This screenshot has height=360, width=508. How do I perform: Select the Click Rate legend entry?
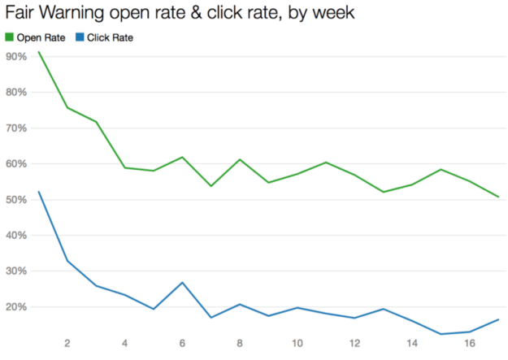(x=109, y=37)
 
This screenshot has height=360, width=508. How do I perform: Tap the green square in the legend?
(x=9, y=37)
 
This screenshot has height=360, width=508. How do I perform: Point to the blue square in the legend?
(x=78, y=37)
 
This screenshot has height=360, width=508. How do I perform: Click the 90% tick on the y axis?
(x=16, y=56)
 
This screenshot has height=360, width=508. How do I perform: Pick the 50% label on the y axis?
(x=16, y=199)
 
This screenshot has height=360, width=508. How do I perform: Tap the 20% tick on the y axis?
(x=16, y=306)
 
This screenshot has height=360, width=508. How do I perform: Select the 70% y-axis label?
(x=16, y=128)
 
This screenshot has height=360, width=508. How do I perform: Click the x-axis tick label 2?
(x=67, y=342)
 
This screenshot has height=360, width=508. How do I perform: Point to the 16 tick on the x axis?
(x=468, y=342)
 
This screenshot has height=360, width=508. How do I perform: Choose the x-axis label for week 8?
(x=239, y=342)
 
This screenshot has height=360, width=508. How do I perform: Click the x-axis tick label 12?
(x=354, y=342)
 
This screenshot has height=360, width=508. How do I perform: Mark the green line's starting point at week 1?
(x=38, y=52)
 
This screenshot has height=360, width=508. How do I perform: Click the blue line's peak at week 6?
(x=182, y=282)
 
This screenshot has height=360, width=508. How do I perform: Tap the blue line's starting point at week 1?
(x=38, y=192)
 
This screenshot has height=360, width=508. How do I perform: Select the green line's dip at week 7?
(x=211, y=186)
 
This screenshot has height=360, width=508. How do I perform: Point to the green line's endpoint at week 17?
(x=497, y=197)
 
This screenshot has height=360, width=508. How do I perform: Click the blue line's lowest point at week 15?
(x=440, y=334)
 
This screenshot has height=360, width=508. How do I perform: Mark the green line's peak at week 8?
(x=239, y=159)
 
